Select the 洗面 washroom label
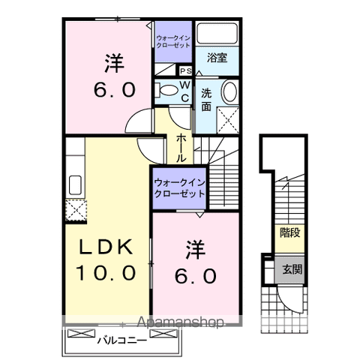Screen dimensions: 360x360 (x=206, y=100)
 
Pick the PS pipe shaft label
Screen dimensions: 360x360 (x=185, y=70)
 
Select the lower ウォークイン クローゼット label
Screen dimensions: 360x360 (x=178, y=188)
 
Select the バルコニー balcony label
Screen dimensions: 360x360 (x=121, y=339)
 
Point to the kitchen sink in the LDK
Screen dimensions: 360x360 (x=76, y=184)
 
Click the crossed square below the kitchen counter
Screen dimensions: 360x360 (x=75, y=209)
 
